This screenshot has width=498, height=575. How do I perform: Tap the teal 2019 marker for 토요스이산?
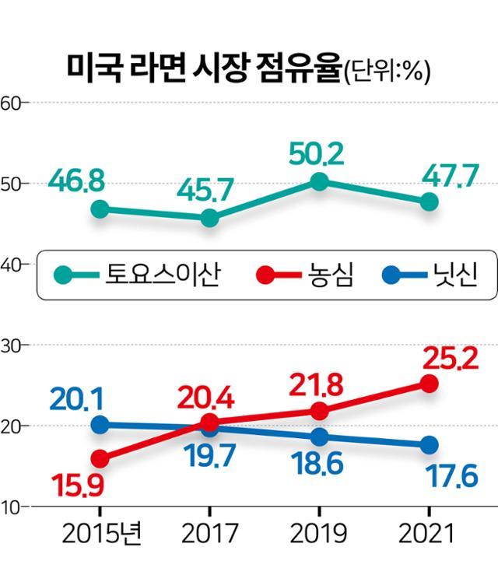pyautogui.click(x=318, y=182)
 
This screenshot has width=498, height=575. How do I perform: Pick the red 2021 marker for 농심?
pyautogui.click(x=429, y=384)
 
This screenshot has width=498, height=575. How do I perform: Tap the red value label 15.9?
pyautogui.click(x=77, y=488)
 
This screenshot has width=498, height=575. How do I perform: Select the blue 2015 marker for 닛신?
pyautogui.click(x=100, y=425)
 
